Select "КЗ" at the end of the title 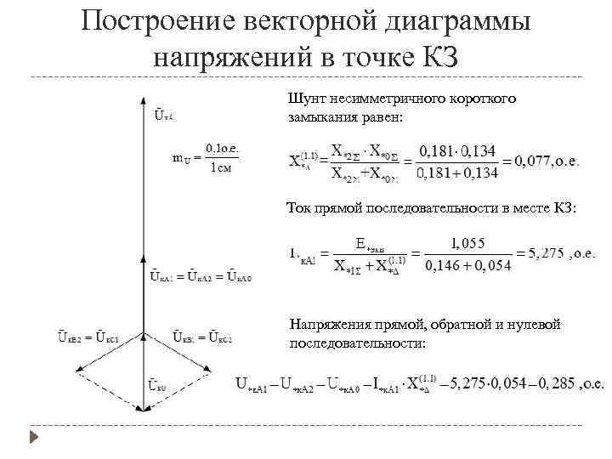435,58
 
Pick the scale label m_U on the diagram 179,157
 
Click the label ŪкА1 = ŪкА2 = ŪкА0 201,276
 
